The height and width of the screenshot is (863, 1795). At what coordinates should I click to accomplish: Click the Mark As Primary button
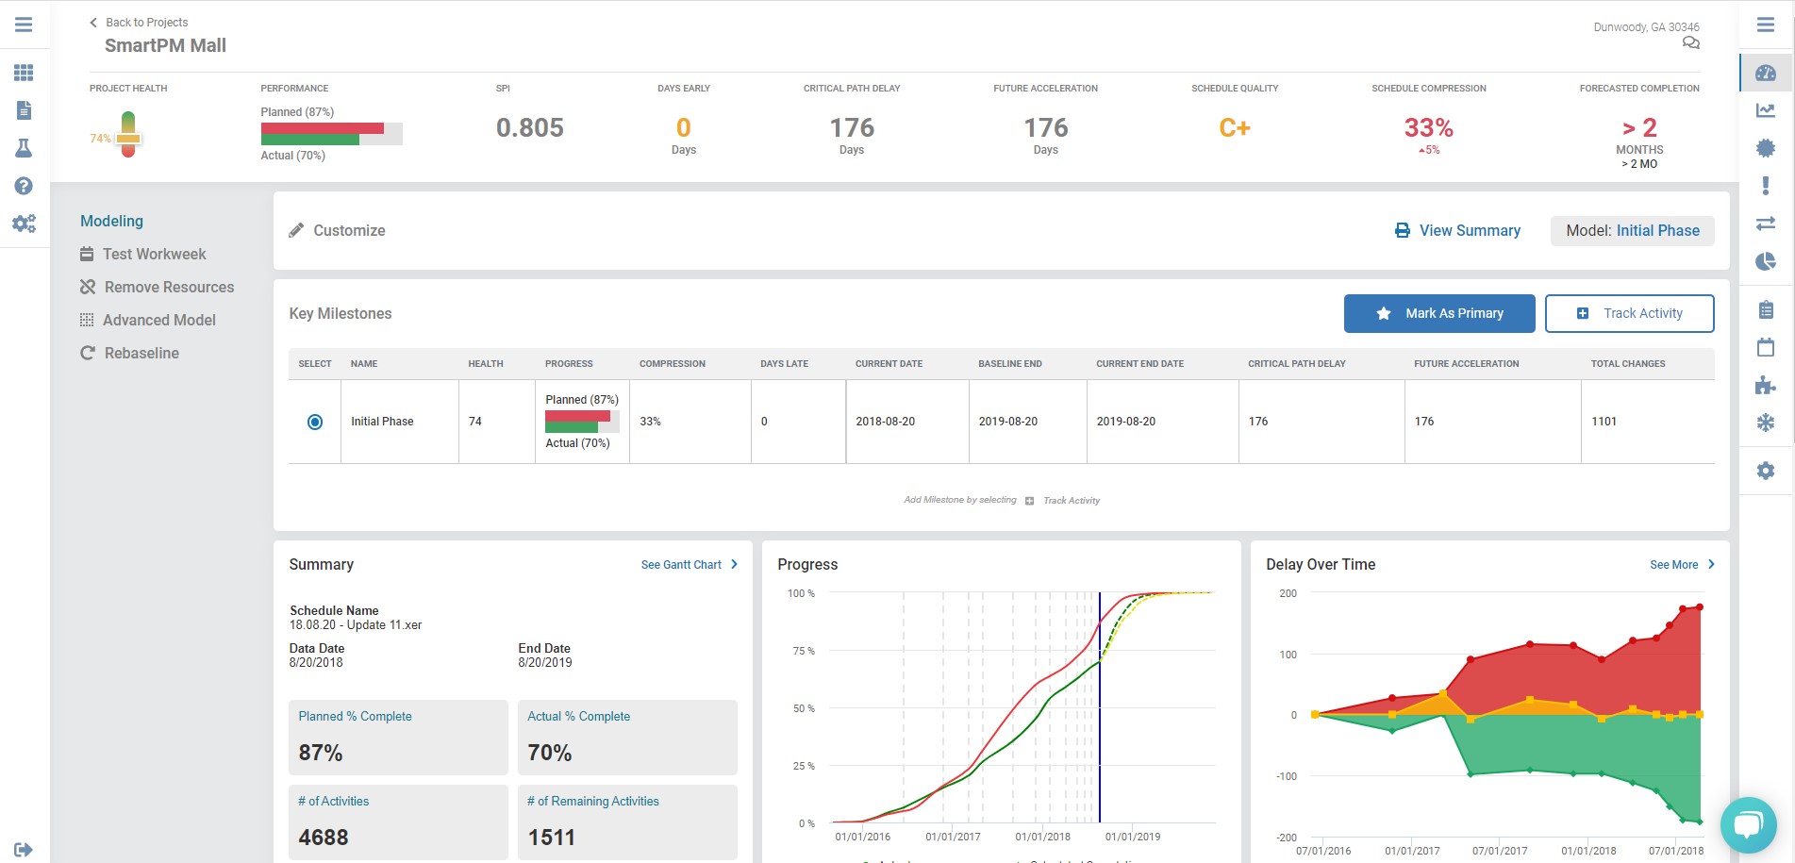[1438, 313]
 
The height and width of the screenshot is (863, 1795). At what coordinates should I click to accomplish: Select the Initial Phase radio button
[315, 422]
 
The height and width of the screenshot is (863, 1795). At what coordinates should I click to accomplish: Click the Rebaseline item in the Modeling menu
[141, 353]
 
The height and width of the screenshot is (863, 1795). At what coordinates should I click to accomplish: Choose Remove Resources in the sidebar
[168, 287]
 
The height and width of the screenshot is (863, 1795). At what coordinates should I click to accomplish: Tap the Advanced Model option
[158, 320]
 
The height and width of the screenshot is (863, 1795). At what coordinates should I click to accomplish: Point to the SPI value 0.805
[529, 127]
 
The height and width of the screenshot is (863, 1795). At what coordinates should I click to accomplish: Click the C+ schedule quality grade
[1234, 127]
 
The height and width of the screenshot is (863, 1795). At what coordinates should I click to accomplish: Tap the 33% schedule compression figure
[1428, 127]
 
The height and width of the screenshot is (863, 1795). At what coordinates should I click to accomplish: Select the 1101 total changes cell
[1604, 422]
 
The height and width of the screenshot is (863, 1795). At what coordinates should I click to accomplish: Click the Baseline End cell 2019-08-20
[1007, 422]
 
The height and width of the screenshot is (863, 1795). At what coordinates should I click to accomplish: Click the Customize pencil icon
[296, 230]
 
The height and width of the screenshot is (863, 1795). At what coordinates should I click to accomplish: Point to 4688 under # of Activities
[324, 837]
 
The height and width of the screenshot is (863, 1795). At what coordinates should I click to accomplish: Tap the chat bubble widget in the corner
[1748, 825]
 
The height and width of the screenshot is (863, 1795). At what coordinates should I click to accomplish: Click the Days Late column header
[784, 363]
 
